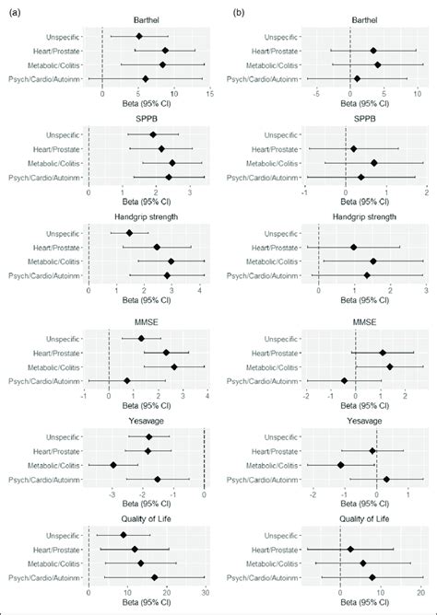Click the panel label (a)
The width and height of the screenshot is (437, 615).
pyautogui.click(x=8, y=14)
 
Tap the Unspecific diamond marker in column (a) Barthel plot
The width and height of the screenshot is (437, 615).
pyautogui.click(x=139, y=36)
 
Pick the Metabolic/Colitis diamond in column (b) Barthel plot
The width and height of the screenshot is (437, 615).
pyautogui.click(x=377, y=64)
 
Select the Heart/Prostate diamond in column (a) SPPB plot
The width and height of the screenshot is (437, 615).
pyautogui.click(x=161, y=148)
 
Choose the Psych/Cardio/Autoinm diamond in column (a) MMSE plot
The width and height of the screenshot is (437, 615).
pyautogui.click(x=127, y=380)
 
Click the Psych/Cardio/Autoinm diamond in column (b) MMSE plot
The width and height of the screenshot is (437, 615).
pyautogui.click(x=344, y=380)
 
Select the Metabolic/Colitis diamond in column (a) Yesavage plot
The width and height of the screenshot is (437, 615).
pyautogui.click(x=113, y=465)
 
